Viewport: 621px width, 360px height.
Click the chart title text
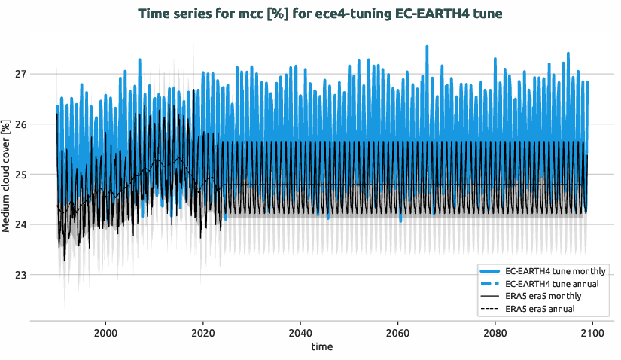click(310, 14)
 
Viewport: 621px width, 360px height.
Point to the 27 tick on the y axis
click(20, 74)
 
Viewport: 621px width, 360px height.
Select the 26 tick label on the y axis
click(20, 124)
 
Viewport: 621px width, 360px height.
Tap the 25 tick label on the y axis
click(20, 175)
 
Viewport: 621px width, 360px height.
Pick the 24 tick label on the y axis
click(20, 224)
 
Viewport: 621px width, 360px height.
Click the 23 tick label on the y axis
click(20, 275)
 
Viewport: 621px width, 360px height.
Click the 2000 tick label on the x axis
click(105, 331)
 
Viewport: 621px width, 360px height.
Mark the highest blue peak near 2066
click(427, 47)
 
